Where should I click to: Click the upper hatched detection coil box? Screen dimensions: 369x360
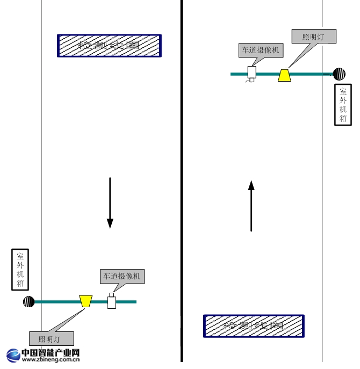pyautogui.click(x=109, y=46)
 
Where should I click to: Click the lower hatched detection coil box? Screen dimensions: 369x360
pyautogui.click(x=254, y=326)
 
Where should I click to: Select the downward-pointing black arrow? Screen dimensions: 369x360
pyautogui.click(x=110, y=202)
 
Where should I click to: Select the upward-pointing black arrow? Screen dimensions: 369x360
pyautogui.click(x=251, y=206)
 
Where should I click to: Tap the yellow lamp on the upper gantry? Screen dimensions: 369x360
pyautogui.click(x=285, y=75)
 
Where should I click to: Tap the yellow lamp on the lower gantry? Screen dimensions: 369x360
pyautogui.click(x=85, y=301)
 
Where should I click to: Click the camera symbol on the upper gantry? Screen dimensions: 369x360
pyautogui.click(x=251, y=73)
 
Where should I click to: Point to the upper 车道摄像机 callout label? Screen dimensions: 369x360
pyautogui.click(x=260, y=50)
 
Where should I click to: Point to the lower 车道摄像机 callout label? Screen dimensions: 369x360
pyautogui.click(x=122, y=276)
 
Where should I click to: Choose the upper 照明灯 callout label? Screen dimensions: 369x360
pyautogui.click(x=314, y=37)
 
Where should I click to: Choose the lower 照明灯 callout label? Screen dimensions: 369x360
pyautogui.click(x=51, y=339)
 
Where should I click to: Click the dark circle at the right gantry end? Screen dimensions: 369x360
pyautogui.click(x=339, y=74)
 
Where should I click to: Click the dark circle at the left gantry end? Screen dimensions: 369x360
pyautogui.click(x=29, y=301)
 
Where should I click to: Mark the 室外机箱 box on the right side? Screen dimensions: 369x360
pyautogui.click(x=343, y=104)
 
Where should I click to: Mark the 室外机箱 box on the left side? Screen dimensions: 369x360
pyautogui.click(x=20, y=270)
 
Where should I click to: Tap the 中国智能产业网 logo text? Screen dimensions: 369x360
pyautogui.click(x=51, y=353)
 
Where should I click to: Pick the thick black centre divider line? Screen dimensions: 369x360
pyautogui.click(x=182, y=183)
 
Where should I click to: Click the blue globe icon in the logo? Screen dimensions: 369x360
pyautogui.click(x=13, y=356)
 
